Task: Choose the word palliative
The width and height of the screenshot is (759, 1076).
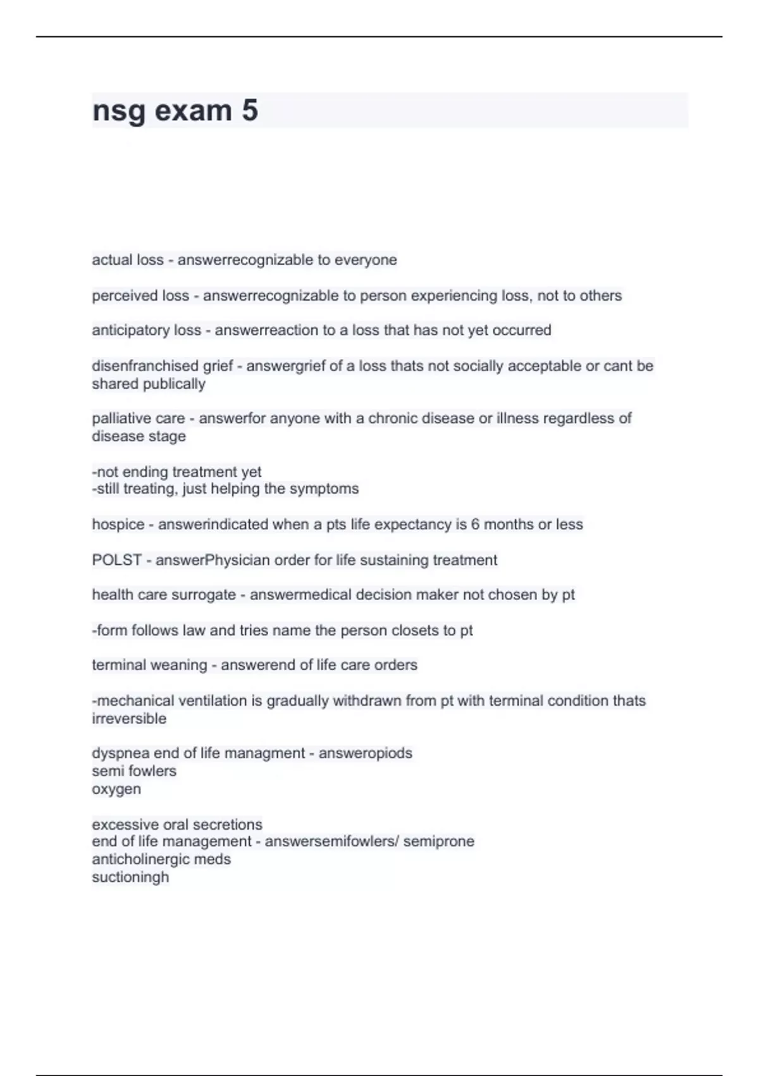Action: [116, 418]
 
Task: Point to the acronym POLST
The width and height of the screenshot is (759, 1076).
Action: [116, 560]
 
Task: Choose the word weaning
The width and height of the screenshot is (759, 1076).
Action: [178, 665]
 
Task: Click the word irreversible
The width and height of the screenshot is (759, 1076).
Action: [129, 719]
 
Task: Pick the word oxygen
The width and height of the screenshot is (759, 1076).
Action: [116, 789]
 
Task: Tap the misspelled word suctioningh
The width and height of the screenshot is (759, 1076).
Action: [130, 877]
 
